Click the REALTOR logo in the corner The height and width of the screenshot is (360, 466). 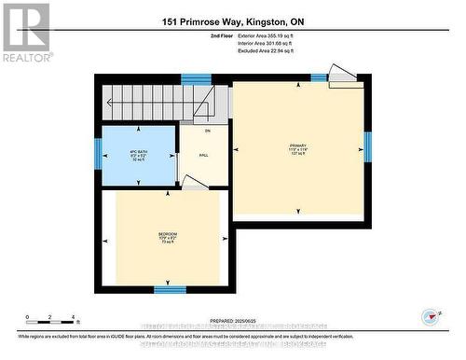[x=25, y=32]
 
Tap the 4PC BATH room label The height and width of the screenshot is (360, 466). [x=138, y=152]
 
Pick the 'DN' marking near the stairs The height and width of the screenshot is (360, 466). [x=208, y=132]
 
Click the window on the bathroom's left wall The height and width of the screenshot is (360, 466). [x=99, y=151]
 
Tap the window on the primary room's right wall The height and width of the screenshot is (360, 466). [x=367, y=146]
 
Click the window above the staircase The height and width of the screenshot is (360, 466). [x=195, y=79]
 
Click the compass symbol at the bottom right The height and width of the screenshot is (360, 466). [x=430, y=315]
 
